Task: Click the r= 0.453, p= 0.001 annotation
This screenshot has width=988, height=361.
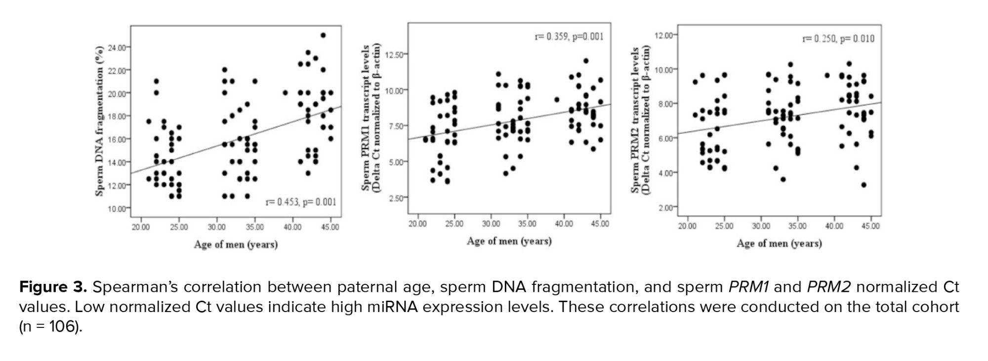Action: [301, 202]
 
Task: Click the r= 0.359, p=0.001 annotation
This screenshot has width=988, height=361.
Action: [569, 37]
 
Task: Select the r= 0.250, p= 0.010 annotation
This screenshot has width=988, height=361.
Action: [838, 39]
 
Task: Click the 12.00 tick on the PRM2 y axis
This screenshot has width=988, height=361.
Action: [663, 35]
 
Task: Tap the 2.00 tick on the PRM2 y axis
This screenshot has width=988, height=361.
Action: [665, 208]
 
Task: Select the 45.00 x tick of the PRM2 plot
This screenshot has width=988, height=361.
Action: [870, 226]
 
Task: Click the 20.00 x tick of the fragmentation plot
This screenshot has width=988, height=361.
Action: [141, 227]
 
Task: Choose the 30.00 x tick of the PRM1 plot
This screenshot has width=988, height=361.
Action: [491, 224]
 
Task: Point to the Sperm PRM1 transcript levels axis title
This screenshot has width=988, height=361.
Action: [366, 118]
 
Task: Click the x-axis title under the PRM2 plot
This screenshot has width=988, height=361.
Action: [779, 243]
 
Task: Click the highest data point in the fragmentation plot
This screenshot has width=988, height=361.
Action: [323, 35]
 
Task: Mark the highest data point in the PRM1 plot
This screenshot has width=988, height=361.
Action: [586, 61]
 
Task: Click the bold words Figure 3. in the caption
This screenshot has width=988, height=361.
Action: [53, 287]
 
